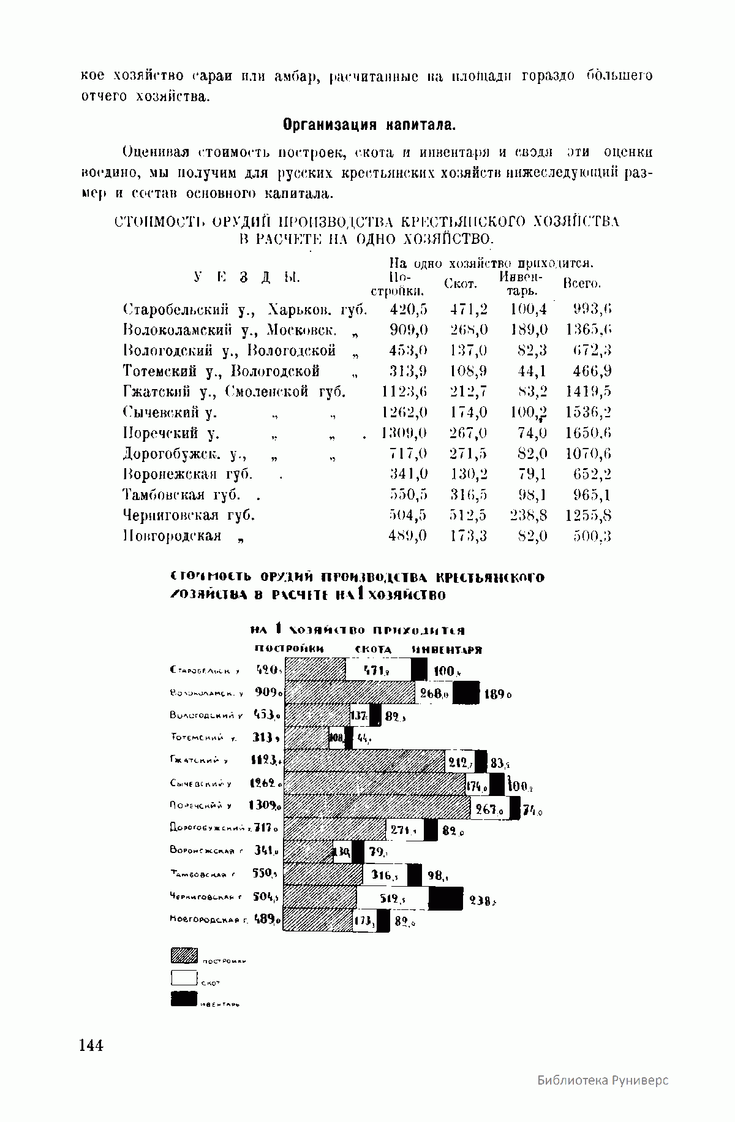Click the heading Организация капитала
[x=369, y=125]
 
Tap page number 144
[x=91, y=1045]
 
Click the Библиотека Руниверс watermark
[x=603, y=1080]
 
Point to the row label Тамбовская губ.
[x=183, y=495]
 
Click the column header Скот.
[x=460, y=283]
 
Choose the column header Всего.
[x=581, y=283]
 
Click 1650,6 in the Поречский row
[x=588, y=433]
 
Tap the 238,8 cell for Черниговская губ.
[x=529, y=515]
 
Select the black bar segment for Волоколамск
[x=466, y=693]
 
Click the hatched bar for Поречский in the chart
[x=377, y=808]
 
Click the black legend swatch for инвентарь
[x=183, y=999]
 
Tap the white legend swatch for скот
[x=183, y=978]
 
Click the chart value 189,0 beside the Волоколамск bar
[x=497, y=695]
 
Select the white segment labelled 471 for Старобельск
[x=378, y=670]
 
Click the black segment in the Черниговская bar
[x=445, y=898]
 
